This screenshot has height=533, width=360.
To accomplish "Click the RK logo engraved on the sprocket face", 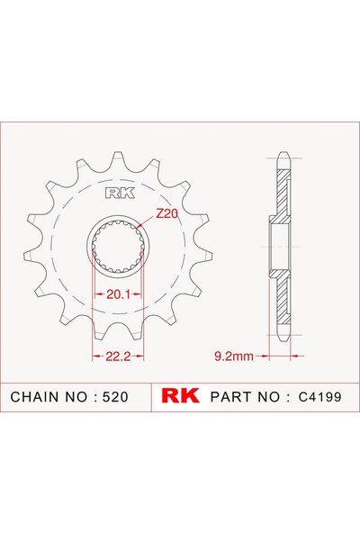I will (x=119, y=193).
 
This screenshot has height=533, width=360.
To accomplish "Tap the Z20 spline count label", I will (x=166, y=213).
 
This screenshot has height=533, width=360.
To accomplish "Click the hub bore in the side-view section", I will (x=280, y=244).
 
